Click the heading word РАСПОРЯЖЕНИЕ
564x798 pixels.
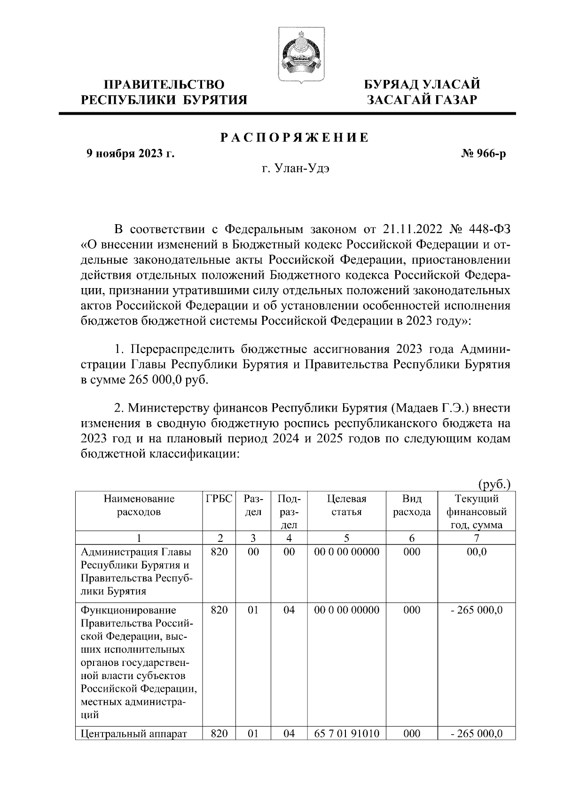[x=295, y=138]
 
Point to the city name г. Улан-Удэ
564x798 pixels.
[x=295, y=168]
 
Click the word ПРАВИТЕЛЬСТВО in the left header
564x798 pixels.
[x=164, y=85]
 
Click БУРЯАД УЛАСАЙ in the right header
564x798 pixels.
[x=423, y=85]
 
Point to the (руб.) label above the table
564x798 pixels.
[x=494, y=484]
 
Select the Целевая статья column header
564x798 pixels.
[x=346, y=505]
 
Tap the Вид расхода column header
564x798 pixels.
[x=412, y=505]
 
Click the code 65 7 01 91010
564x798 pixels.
[x=346, y=746]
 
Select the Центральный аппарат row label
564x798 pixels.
[x=134, y=746]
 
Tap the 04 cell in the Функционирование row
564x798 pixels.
[x=289, y=610]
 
